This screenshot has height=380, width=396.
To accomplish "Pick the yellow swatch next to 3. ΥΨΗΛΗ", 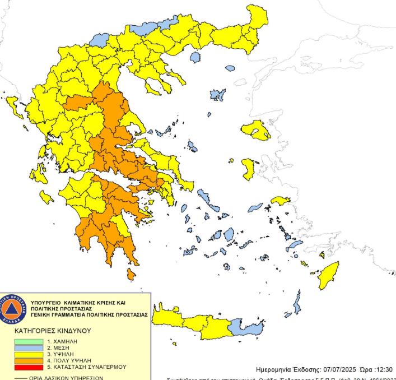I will click(x=27, y=354).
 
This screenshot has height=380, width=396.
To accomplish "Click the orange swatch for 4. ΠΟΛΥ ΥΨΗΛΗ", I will click(x=27, y=360).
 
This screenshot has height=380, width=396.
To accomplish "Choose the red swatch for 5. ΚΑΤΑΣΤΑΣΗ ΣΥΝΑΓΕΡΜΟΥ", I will click(x=27, y=367).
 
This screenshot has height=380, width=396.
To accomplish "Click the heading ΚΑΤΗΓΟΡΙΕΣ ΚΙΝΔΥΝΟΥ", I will click(x=53, y=331).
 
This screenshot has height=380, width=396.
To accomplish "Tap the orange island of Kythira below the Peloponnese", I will click(x=131, y=274).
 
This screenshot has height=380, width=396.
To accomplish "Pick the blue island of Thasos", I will click(x=195, y=57).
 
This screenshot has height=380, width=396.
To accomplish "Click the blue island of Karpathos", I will click(x=297, y=305).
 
